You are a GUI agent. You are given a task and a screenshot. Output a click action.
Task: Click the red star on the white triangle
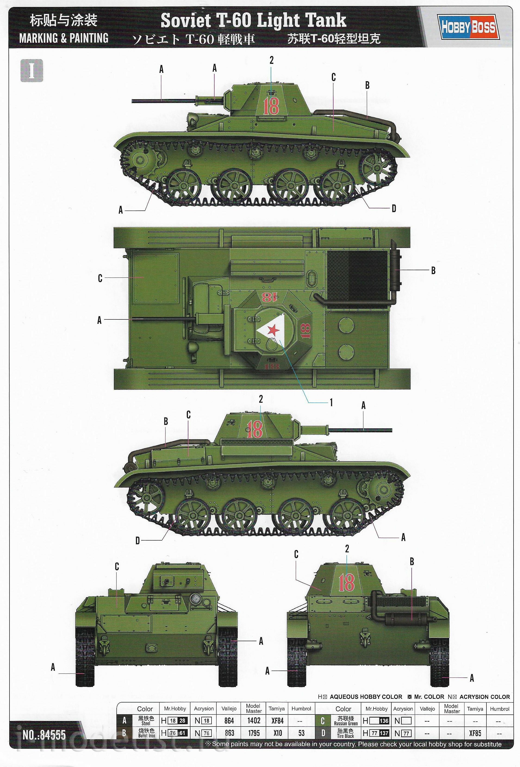point(272,330)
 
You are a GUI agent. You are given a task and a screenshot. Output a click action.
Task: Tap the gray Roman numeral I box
point(32,71)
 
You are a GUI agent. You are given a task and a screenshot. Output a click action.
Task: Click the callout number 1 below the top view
point(331,402)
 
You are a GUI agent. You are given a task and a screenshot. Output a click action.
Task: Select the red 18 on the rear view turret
point(346,582)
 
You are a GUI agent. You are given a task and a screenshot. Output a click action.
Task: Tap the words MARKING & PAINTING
point(64,38)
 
